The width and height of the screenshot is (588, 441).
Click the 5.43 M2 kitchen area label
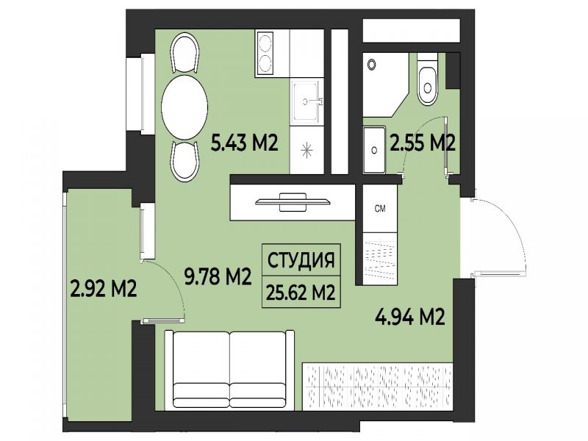click(x=244, y=143)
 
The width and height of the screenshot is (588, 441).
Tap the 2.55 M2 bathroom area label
click(x=423, y=143)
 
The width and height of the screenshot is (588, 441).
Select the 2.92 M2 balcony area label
click(x=104, y=289)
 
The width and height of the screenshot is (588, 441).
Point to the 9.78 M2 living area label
click(x=218, y=277)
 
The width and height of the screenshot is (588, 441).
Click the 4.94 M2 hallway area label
click(x=410, y=318)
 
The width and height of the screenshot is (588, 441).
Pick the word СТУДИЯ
click(x=301, y=260)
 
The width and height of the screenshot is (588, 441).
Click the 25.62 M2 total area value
click(x=301, y=293)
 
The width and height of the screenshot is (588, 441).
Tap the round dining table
click(x=184, y=107)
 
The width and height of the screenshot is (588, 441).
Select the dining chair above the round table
click(x=184, y=53)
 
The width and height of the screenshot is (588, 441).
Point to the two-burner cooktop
click(x=265, y=54)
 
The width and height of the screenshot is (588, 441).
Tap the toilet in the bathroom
click(x=428, y=79)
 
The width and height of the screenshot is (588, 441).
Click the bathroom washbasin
click(x=374, y=150)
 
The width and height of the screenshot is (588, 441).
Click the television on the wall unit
click(x=293, y=202)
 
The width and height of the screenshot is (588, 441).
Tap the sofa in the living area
click(x=229, y=370)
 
